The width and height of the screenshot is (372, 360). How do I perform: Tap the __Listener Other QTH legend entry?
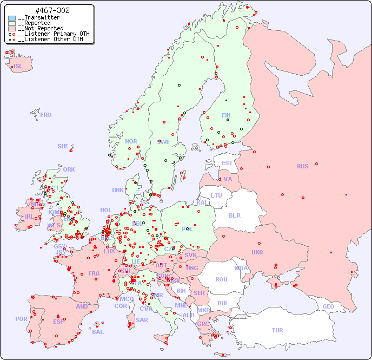coord(48,39)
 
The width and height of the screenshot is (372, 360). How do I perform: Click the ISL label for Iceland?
coord(18,67)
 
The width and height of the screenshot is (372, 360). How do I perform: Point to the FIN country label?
coord(226,115)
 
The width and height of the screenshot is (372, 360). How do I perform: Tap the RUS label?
coord(302,166)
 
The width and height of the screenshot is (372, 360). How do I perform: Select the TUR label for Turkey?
coord(277,330)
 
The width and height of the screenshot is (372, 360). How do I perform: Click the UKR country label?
coord(257,252)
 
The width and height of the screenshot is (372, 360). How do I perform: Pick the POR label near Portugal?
coord(21,319)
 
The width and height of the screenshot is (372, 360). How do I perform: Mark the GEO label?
coord(328,306)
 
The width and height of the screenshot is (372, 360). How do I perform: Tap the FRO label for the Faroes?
coord(46,115)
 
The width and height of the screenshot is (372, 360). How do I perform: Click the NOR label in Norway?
coord(131,141)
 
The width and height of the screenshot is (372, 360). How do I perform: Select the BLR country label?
coord(234,215)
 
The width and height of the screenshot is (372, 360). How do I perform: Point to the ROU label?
coord(221,279)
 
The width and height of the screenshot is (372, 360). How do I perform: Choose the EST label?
coord(227,163)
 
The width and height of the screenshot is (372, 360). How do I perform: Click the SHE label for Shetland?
coord(63,146)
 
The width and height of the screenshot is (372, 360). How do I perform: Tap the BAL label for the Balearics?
coord(98,332)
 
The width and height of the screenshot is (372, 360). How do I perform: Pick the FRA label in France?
coord(94,273)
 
